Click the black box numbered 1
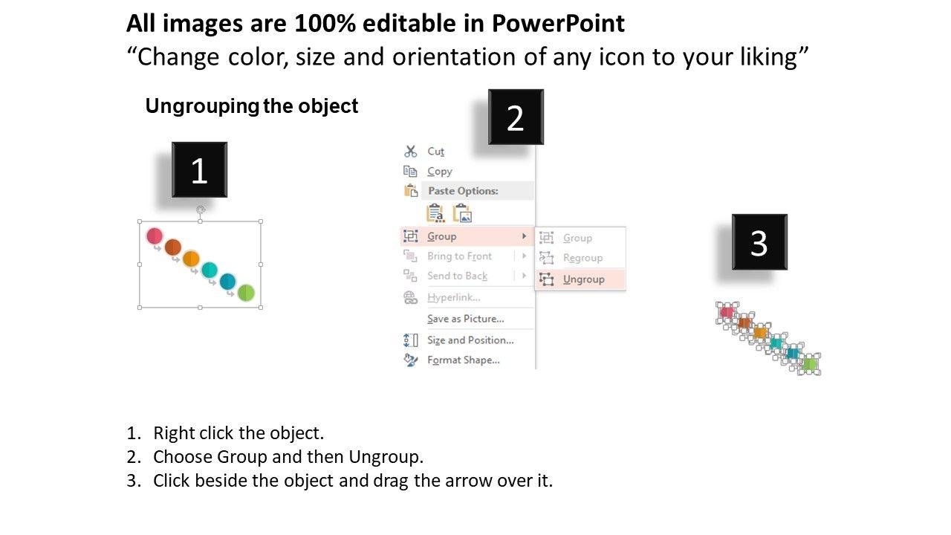(x=199, y=170)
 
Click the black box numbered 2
(x=516, y=117)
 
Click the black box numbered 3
(x=759, y=242)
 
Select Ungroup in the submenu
(x=583, y=279)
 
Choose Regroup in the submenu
(x=582, y=258)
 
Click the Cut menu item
(x=435, y=151)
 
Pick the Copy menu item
(x=439, y=172)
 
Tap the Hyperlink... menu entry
(x=454, y=297)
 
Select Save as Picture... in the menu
(x=466, y=319)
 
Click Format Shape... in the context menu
(x=463, y=360)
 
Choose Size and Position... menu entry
(x=470, y=340)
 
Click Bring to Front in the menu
(x=459, y=256)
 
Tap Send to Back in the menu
(x=457, y=276)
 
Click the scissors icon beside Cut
(x=411, y=151)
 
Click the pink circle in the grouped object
(x=155, y=236)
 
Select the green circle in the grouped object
(x=246, y=293)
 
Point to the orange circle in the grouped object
(x=191, y=259)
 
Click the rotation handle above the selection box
(x=201, y=210)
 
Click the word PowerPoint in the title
(x=558, y=23)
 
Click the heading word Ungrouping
(x=202, y=106)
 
